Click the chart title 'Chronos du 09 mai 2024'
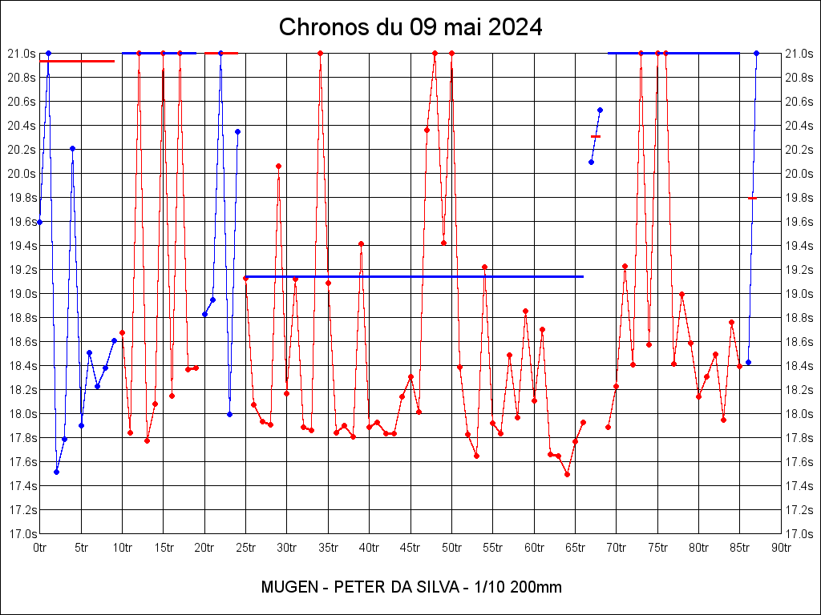[x=410, y=27]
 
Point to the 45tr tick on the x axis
[x=410, y=548]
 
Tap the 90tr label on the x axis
[x=781, y=548]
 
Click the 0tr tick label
[x=40, y=548]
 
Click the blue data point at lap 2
[x=56, y=472]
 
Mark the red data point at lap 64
[x=567, y=474]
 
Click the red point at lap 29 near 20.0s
[x=278, y=166]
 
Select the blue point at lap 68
[x=600, y=110]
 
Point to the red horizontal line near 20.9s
[x=77, y=61]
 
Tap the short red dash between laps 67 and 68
[x=596, y=137]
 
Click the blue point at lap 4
[x=72, y=148]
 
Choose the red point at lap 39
[x=361, y=243]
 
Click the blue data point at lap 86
[x=748, y=362]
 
